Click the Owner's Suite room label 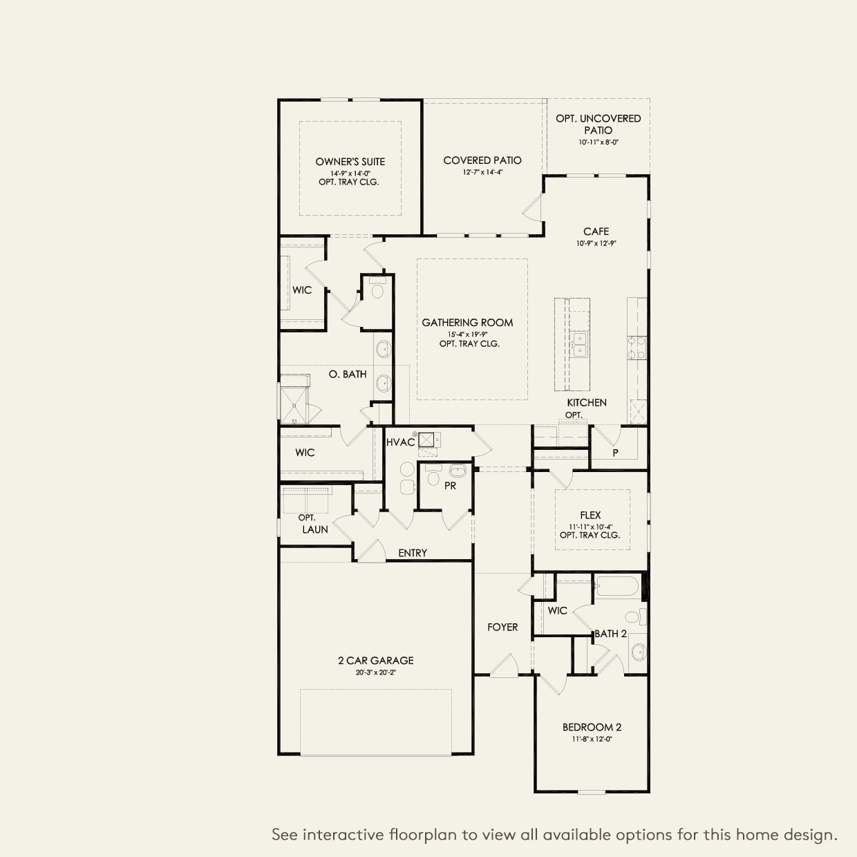click(350, 162)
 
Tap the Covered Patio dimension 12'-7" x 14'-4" click(482, 172)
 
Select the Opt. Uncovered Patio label click(598, 124)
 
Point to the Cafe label click(596, 232)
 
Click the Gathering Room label click(467, 322)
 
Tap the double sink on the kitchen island click(578, 343)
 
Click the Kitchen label click(587, 402)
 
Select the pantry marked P click(615, 453)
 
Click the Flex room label click(590, 515)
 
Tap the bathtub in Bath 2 click(618, 587)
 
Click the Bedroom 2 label click(592, 727)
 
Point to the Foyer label click(502, 627)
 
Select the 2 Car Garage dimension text click(376, 672)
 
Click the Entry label click(413, 553)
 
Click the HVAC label click(400, 442)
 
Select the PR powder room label click(450, 486)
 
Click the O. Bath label click(348, 374)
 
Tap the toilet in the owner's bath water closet click(377, 290)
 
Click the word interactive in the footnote click(343, 834)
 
